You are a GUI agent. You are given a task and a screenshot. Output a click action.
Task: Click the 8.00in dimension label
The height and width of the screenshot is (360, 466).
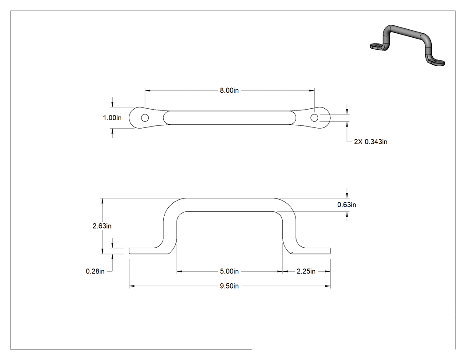coord(229,91)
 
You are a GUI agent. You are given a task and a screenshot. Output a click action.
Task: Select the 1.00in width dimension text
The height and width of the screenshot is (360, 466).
coord(112,118)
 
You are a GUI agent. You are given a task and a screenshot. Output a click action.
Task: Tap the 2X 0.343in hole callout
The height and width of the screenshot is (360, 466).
coord(371,142)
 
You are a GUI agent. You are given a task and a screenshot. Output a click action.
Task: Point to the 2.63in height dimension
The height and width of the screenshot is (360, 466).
coord(102,226)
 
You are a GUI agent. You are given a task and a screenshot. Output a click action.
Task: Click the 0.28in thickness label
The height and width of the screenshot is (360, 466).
coord(95,271)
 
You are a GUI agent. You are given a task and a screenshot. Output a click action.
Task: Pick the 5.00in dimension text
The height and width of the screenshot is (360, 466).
coord(229,271)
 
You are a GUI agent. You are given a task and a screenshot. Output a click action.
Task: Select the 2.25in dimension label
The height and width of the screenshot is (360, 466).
coord(306,271)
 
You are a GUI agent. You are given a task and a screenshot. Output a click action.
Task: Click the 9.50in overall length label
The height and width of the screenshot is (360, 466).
coord(229,286)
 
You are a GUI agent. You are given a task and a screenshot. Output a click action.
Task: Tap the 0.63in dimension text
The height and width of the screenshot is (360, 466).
coord(347,205)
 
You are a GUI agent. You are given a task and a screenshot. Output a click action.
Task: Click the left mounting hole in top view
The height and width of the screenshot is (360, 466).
coord(145,118)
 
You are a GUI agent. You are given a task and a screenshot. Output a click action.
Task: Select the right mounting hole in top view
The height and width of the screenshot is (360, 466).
coord(314,118)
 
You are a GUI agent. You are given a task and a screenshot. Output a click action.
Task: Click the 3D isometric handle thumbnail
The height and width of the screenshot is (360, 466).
coord(407,45)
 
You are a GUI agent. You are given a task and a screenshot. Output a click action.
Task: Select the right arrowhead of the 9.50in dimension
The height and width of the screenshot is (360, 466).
coord(328,286)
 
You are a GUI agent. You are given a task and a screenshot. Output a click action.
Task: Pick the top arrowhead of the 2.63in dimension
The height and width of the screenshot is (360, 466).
coord(103,201)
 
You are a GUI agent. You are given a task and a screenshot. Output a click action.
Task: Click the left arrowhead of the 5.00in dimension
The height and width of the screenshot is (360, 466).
coord(180,271)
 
